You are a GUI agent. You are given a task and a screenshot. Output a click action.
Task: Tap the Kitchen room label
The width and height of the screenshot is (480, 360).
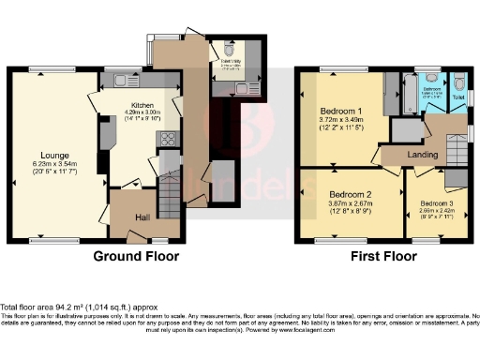click(142, 106)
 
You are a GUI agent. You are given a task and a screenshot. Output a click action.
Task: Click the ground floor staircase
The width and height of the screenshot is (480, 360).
click(172, 198)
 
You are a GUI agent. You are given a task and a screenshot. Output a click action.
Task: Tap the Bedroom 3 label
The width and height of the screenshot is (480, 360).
click(438, 203)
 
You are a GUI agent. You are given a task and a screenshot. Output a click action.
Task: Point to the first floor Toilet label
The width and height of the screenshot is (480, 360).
click(457, 96)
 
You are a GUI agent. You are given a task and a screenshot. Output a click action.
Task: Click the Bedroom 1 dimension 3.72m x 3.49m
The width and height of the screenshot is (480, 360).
click(338, 120)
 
